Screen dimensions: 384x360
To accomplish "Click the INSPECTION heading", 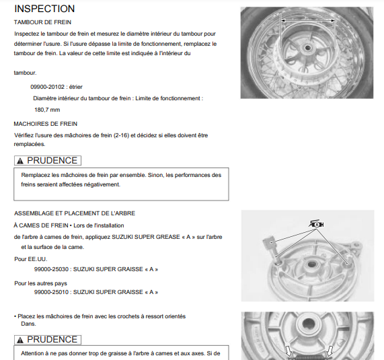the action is [44, 9].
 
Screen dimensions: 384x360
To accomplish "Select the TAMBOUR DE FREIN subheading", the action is [42, 22].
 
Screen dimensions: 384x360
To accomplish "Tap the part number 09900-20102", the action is [48, 87].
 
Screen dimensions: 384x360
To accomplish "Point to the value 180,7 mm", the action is [47, 110].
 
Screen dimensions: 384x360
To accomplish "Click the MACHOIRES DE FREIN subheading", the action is [46, 124].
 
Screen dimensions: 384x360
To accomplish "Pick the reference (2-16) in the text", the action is [121, 135].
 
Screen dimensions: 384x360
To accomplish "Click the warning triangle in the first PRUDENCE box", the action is [20, 161].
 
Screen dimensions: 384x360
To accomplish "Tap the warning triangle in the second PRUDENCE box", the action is [20, 340].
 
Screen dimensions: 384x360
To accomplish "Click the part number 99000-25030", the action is [51, 269].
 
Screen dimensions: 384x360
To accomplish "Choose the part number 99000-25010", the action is [51, 292].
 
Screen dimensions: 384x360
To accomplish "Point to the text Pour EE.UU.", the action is [31, 259].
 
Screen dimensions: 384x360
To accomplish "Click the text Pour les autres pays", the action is [40, 283].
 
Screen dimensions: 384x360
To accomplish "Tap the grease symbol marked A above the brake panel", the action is [316, 224].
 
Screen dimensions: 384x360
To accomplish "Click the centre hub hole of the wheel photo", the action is [307, 48].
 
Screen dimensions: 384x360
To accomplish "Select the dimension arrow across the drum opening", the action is [308, 21].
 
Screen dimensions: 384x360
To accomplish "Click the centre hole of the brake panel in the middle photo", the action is [312, 264].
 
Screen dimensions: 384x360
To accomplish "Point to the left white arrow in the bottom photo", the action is [289, 351].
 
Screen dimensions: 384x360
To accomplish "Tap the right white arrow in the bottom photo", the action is [330, 351].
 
